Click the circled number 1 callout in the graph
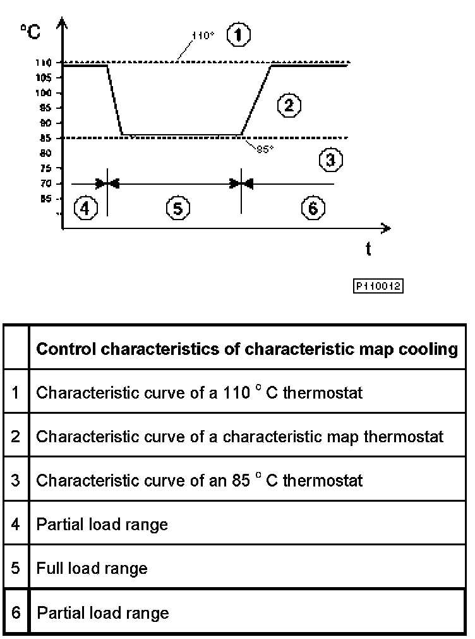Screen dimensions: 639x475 (238, 35)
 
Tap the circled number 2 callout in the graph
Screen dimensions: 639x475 (289, 105)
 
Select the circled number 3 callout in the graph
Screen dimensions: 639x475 (330, 161)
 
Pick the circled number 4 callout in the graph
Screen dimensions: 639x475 (86, 207)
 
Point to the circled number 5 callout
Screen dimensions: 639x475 (178, 207)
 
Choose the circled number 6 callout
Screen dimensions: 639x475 (313, 207)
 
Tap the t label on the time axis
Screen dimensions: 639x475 (368, 249)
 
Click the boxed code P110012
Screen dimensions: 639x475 (378, 286)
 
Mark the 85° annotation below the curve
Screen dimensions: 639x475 (265, 150)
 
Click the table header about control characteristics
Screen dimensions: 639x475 (247, 349)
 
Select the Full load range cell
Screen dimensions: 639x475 (92, 568)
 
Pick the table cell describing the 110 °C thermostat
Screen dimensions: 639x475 (199, 392)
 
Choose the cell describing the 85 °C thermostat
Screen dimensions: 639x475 (199, 480)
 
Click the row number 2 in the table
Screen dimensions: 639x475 (16, 436)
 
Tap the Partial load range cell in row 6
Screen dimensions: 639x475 (103, 612)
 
